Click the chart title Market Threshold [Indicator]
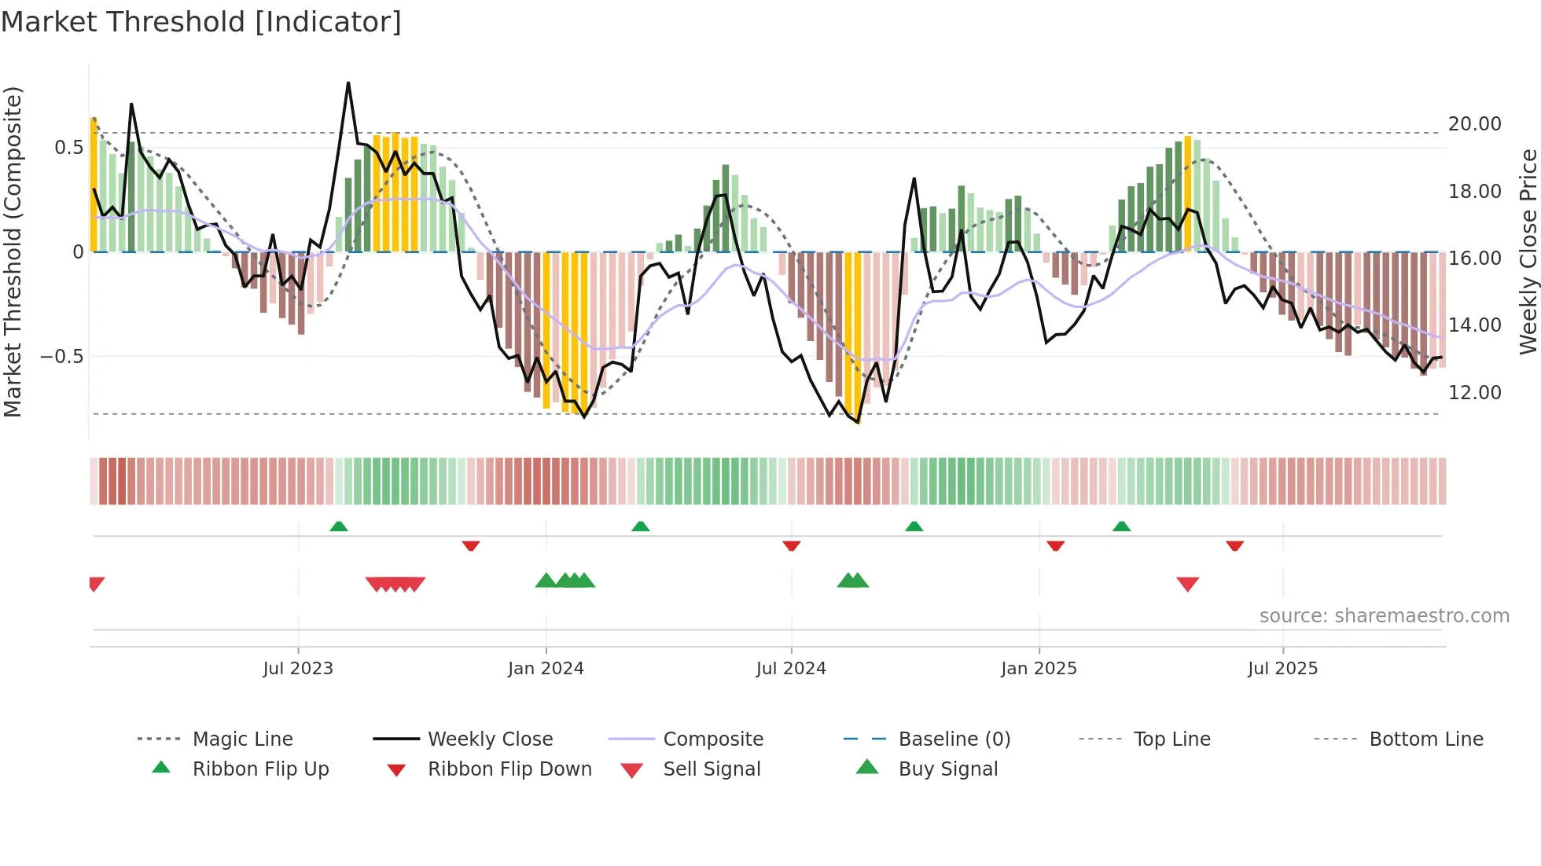201,22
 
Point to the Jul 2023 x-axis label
298,669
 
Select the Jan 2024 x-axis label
546,669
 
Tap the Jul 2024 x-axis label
791,669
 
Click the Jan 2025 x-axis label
1039,669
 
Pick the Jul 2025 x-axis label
1282,669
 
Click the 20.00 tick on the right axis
1474,124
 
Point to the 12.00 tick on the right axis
1474,393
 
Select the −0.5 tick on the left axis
61,357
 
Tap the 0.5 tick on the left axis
68,148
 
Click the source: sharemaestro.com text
1384,616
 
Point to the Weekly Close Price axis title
1528,251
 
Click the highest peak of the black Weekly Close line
348,83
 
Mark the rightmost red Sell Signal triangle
1187,584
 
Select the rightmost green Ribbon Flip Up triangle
1121,527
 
